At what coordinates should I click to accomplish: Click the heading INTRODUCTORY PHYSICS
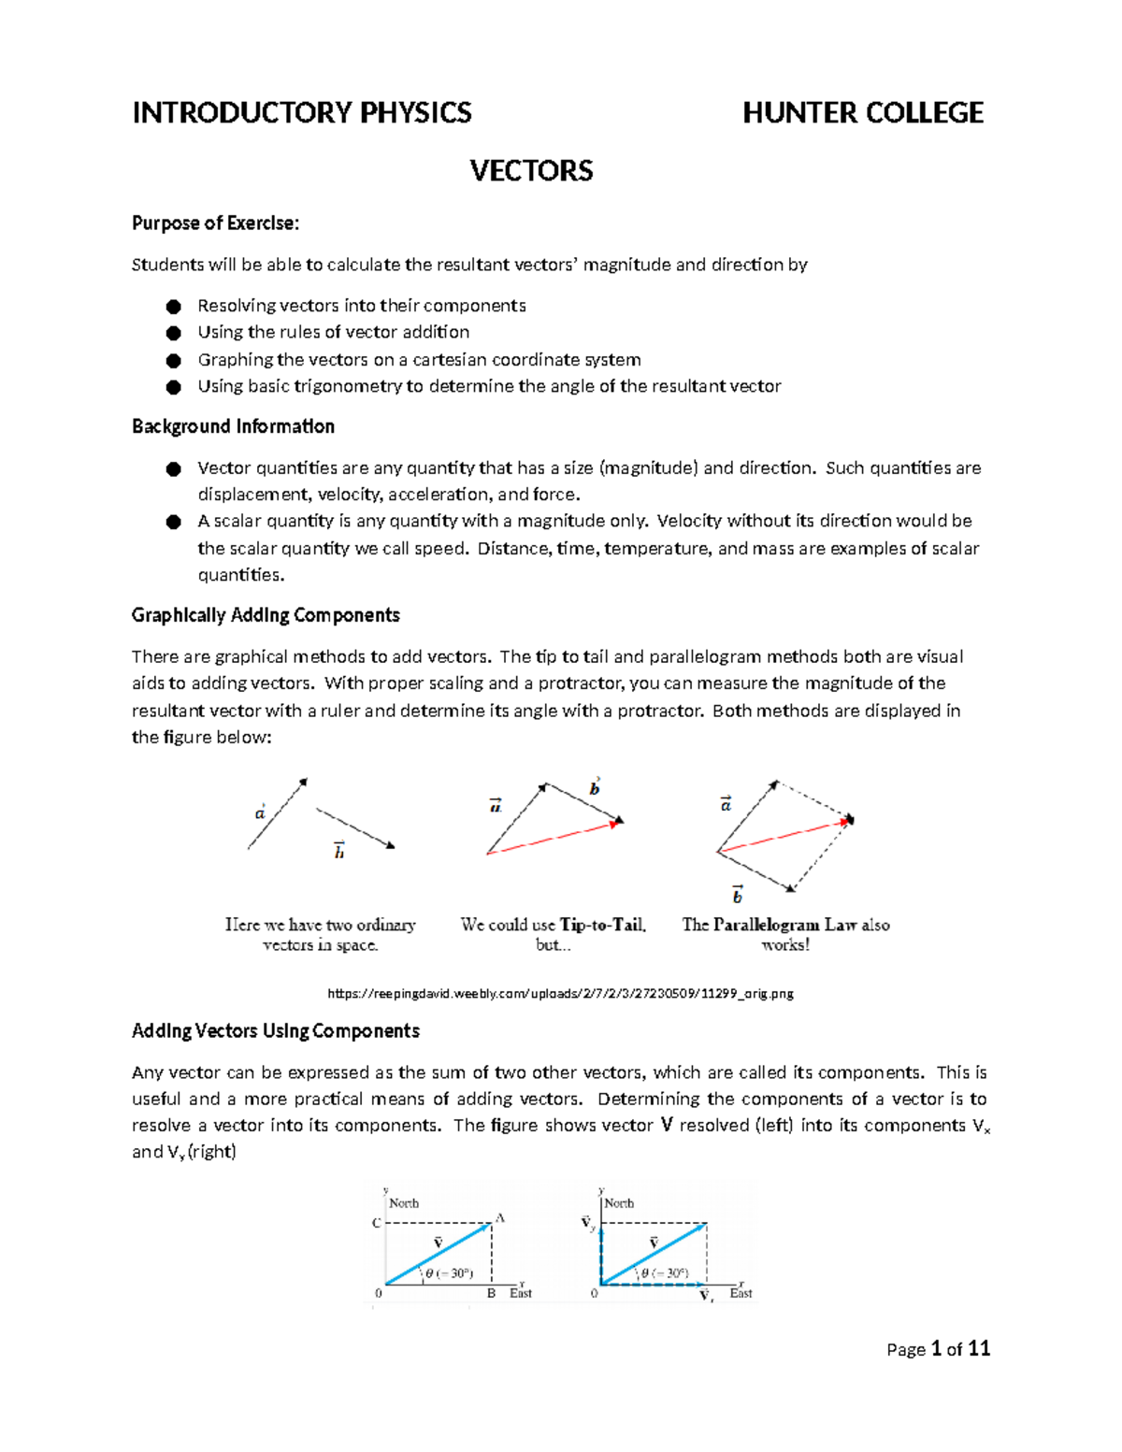pyautogui.click(x=301, y=113)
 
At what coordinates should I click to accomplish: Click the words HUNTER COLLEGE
pyautogui.click(x=862, y=113)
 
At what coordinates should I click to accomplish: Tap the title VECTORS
pyautogui.click(x=531, y=171)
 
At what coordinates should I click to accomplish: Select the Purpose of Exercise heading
pyautogui.click(x=215, y=223)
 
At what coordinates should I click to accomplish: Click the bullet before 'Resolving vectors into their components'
pyautogui.click(x=173, y=307)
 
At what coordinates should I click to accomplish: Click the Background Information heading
pyautogui.click(x=233, y=426)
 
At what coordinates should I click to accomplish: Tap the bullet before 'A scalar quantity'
pyautogui.click(x=173, y=522)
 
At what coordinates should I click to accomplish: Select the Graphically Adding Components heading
pyautogui.click(x=266, y=615)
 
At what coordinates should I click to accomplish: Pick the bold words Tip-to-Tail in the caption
pyautogui.click(x=602, y=925)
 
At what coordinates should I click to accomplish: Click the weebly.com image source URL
pyautogui.click(x=560, y=994)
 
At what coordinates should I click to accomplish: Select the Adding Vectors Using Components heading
pyautogui.click(x=276, y=1031)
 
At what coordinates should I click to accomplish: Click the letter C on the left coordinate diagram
pyautogui.click(x=376, y=1223)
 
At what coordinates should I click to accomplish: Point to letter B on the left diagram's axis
pyautogui.click(x=492, y=1294)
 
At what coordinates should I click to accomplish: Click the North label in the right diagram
pyautogui.click(x=619, y=1203)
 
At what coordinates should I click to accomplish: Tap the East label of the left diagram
pyautogui.click(x=521, y=1294)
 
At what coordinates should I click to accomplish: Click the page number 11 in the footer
pyautogui.click(x=978, y=1348)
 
